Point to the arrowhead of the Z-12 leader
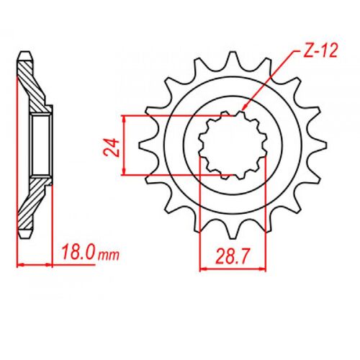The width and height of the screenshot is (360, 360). click(x=243, y=110)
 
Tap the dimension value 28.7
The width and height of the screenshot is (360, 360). click(x=229, y=256)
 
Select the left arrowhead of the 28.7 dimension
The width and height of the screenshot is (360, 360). click(x=202, y=269)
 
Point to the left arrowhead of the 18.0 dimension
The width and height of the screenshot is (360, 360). click(x=19, y=265)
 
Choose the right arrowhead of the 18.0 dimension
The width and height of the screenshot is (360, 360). click(x=52, y=265)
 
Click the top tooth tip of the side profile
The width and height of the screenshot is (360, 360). click(x=26, y=55)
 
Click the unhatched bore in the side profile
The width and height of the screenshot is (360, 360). click(x=42, y=144)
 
